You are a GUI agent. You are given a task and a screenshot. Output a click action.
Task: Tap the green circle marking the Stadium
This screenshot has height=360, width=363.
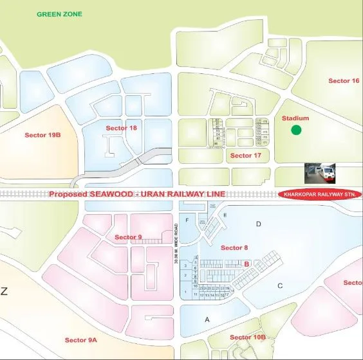pyautogui.click(x=296, y=130)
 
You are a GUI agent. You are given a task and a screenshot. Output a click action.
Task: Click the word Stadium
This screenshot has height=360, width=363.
pyautogui.click(x=295, y=118)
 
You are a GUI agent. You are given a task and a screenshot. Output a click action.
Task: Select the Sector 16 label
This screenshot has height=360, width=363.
pyautogui.click(x=344, y=81)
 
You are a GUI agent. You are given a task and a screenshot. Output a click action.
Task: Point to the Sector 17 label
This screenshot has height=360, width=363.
pyautogui.click(x=245, y=156)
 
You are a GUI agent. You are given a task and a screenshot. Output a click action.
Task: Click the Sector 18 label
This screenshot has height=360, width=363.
pyautogui.click(x=121, y=129)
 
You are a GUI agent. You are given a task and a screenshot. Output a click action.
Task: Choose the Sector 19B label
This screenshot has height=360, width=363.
pyautogui.click(x=42, y=135)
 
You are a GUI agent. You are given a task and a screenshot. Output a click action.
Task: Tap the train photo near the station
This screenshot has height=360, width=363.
pyautogui.click(x=320, y=172)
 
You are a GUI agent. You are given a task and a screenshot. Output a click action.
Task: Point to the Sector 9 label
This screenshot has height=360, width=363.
pyautogui.click(x=128, y=237)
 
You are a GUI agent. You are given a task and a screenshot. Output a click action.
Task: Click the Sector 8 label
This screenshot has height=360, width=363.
pyautogui.click(x=234, y=248)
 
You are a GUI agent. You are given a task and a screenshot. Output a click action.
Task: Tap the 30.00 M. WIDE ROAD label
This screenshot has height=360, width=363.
pyautogui.click(x=175, y=245)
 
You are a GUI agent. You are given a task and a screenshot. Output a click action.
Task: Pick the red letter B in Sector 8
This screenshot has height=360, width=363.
pyautogui.click(x=247, y=263)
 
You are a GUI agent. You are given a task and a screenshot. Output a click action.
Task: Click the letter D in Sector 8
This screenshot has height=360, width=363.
pyautogui.click(x=259, y=224)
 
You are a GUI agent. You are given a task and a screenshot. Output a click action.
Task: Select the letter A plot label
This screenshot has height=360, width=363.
pyautogui.click(x=207, y=319)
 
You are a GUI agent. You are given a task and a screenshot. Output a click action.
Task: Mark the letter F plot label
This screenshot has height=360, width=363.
pyautogui.click(x=187, y=221)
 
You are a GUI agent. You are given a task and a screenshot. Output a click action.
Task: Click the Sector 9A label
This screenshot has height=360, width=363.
pyautogui.click(x=81, y=339)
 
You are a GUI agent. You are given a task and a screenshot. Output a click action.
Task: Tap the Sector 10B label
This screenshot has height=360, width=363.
pyautogui.click(x=248, y=337)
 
